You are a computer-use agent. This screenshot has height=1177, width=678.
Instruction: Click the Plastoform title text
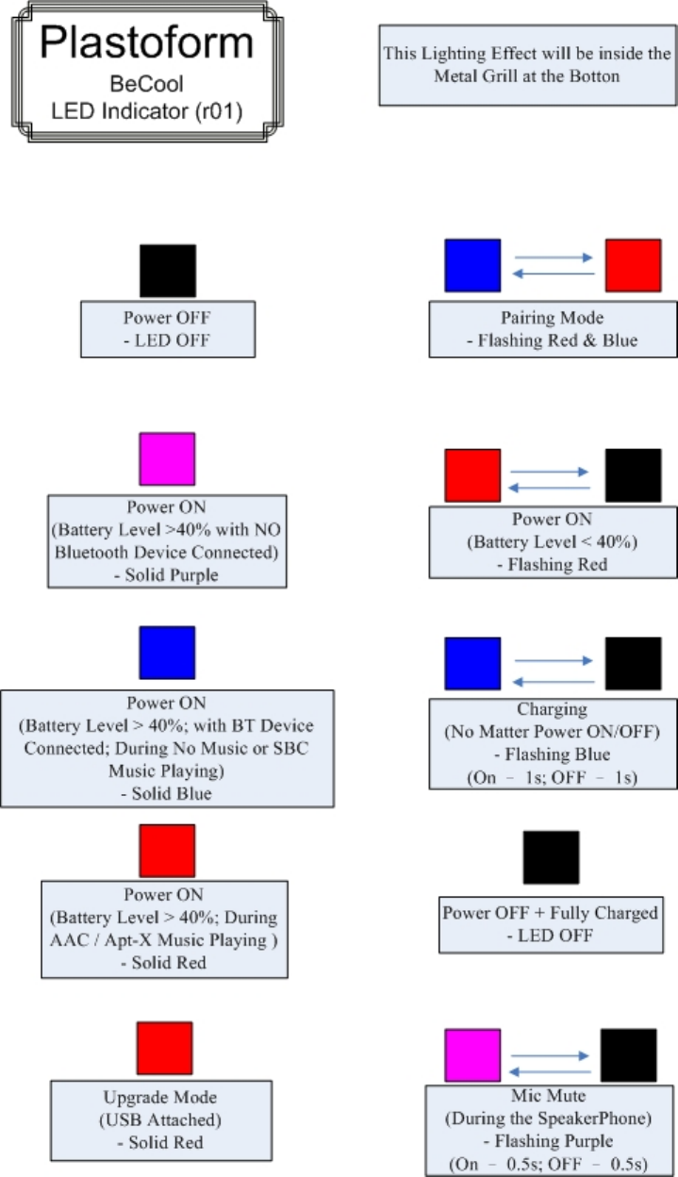point(146,44)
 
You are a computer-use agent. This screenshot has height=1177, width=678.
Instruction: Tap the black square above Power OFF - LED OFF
point(168,272)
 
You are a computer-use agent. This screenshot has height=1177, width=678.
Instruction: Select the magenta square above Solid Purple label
point(167,459)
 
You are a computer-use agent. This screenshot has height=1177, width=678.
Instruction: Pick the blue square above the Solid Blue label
point(167,654)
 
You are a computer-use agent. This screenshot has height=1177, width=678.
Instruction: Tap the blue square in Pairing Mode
point(472,265)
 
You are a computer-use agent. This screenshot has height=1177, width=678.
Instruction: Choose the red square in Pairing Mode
point(633,266)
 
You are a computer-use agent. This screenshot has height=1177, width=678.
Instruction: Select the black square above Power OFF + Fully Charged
point(552,857)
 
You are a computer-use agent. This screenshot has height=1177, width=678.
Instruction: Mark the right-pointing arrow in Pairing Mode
point(552,257)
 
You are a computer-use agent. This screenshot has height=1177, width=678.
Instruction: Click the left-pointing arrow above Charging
point(552,681)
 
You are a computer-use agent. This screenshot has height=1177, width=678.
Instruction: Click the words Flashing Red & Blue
point(553,340)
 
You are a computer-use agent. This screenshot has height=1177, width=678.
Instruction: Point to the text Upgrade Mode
point(159,1098)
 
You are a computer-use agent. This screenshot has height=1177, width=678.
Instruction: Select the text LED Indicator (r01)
point(146,112)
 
